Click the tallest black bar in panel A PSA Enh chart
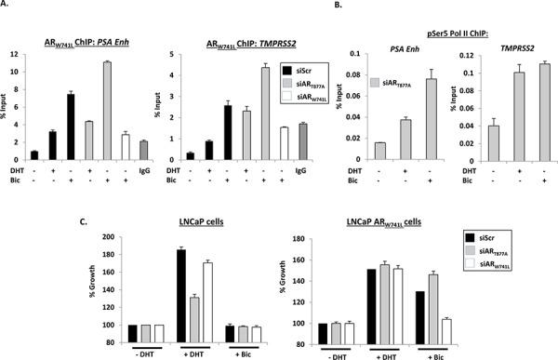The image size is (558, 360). click(x=70, y=126)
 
